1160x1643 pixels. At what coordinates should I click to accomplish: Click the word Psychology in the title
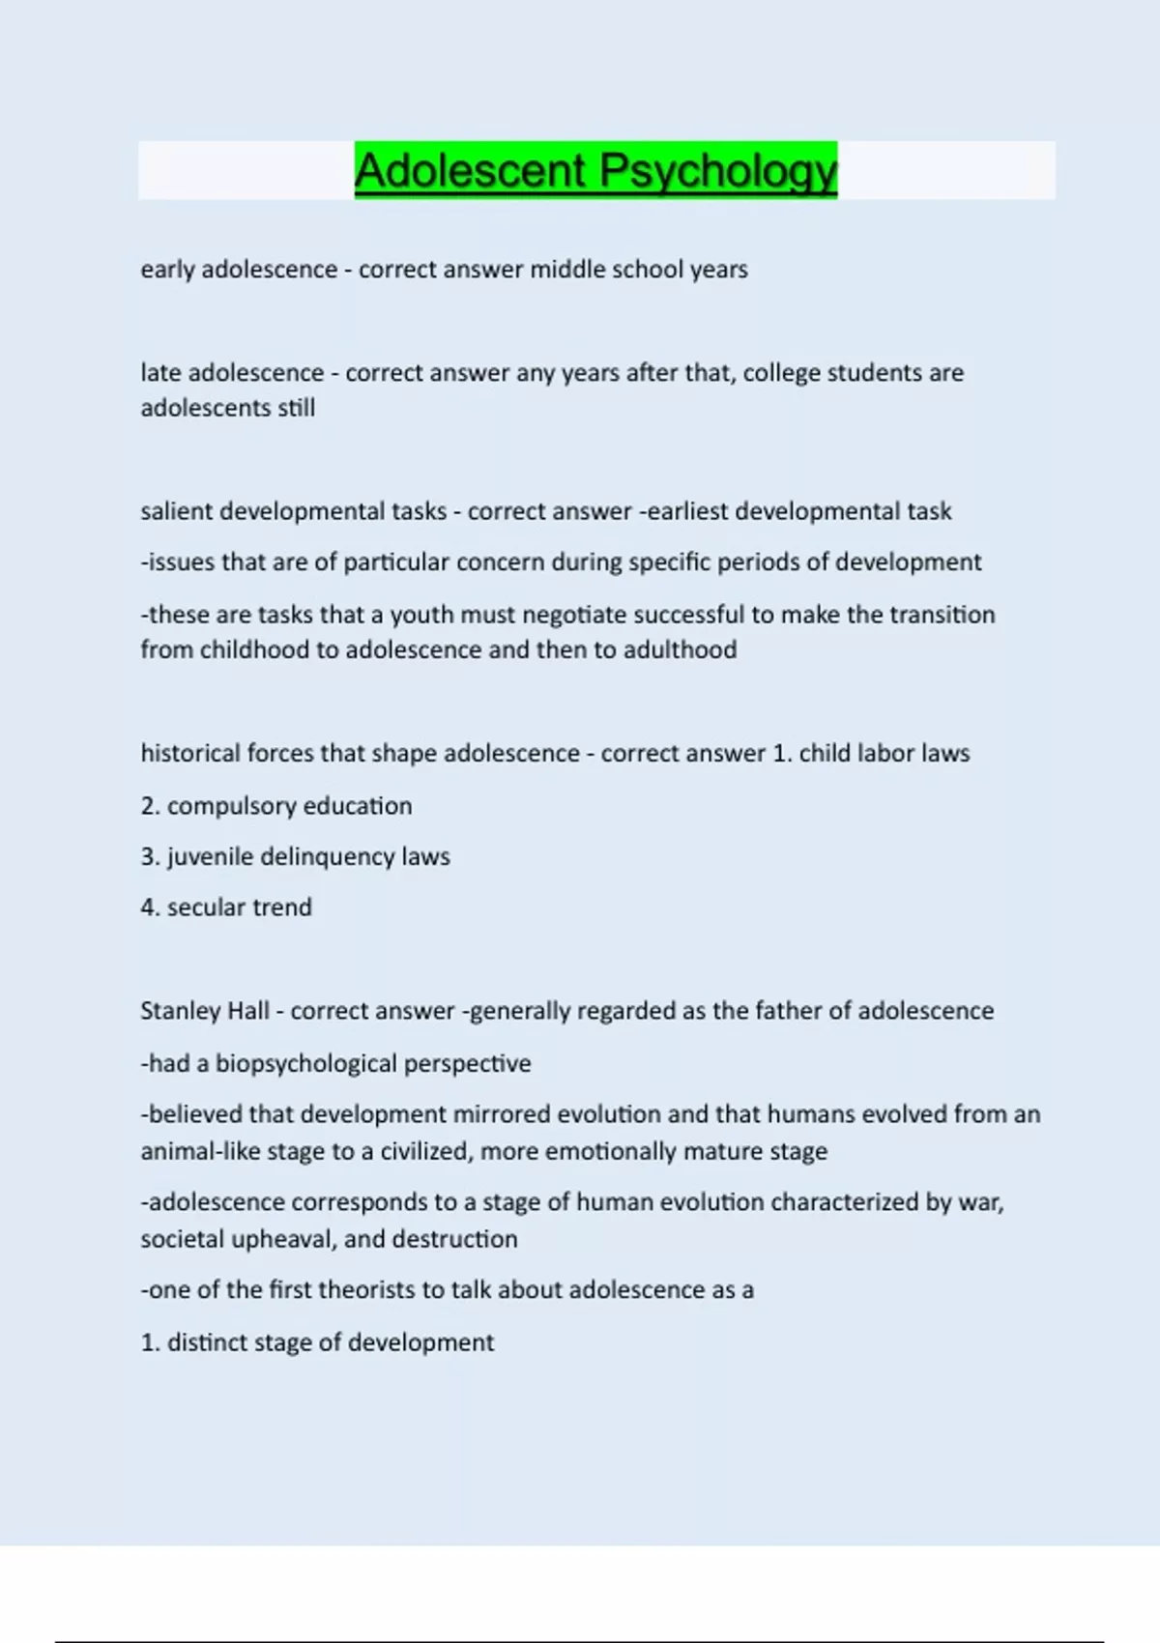(x=717, y=171)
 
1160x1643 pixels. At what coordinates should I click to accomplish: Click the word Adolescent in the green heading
(x=471, y=171)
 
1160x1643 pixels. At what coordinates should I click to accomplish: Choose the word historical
(x=190, y=753)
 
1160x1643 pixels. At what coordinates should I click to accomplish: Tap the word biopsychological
(x=304, y=1064)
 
